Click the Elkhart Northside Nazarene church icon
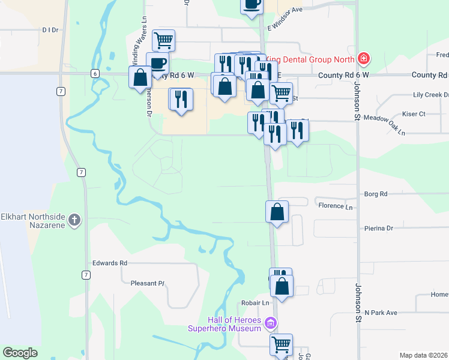pyautogui.click(x=74, y=220)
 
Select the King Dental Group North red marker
pyautogui.click(x=363, y=59)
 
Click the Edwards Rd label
pyautogui.click(x=110, y=263)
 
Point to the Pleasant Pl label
pyautogui.click(x=143, y=283)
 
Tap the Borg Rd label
pyautogui.click(x=376, y=194)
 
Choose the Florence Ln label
pyautogui.click(x=336, y=206)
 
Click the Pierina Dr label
pyautogui.click(x=378, y=228)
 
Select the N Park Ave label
pyautogui.click(x=381, y=313)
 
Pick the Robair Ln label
pyautogui.click(x=256, y=303)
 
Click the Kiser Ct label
pyautogui.click(x=414, y=113)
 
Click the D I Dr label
pyautogui.click(x=50, y=29)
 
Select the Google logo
pyautogui.click(x=20, y=353)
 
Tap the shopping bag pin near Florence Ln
pyautogui.click(x=277, y=212)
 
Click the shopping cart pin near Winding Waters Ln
pyautogui.click(x=164, y=40)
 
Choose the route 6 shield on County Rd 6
pyautogui.click(x=95, y=73)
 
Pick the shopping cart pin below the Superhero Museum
pyautogui.click(x=281, y=344)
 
